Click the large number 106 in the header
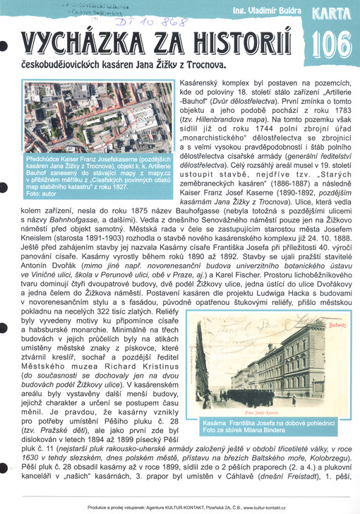click(x=331, y=43)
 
